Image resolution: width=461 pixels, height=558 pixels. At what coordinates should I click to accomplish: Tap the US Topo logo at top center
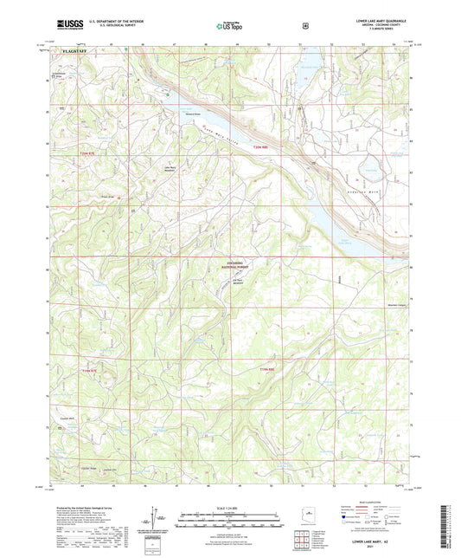(228, 27)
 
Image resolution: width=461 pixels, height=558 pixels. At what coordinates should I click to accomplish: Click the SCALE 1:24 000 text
(230, 506)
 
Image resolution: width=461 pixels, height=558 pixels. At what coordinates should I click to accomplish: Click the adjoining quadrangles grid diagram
(301, 543)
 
